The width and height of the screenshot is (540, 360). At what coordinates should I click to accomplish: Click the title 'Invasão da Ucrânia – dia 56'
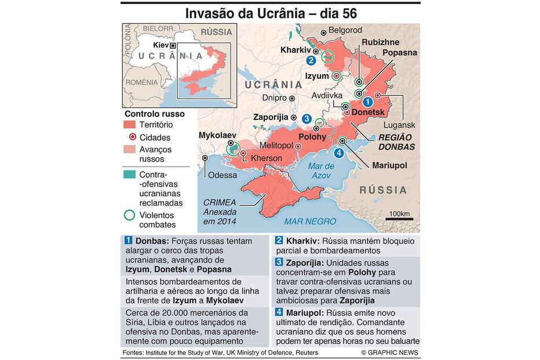pos(271,13)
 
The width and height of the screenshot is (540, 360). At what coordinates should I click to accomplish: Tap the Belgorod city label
pos(345,30)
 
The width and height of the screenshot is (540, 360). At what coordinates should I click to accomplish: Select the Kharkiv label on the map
pos(296,50)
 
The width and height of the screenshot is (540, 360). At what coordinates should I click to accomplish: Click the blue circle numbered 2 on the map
pos(311,60)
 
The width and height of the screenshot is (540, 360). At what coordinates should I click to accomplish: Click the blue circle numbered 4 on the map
pos(339,153)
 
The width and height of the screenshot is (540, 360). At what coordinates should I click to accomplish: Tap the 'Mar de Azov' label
pos(320,171)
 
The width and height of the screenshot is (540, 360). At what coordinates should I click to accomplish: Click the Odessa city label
pos(222,175)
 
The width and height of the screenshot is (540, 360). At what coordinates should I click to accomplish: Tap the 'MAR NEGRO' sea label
pos(310,221)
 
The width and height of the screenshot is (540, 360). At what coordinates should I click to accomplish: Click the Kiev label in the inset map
pos(160,45)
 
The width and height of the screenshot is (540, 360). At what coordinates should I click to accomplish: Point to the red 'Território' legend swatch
pos(131,125)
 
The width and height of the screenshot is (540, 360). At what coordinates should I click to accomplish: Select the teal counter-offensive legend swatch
pos(131,174)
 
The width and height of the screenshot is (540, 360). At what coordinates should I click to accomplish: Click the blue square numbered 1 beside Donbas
pos(128,241)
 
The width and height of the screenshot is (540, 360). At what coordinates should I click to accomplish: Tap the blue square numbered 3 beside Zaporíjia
pos(279,263)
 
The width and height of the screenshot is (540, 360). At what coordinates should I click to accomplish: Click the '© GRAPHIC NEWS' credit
pos(389,352)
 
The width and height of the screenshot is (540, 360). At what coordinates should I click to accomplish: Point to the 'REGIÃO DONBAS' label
pos(396,142)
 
